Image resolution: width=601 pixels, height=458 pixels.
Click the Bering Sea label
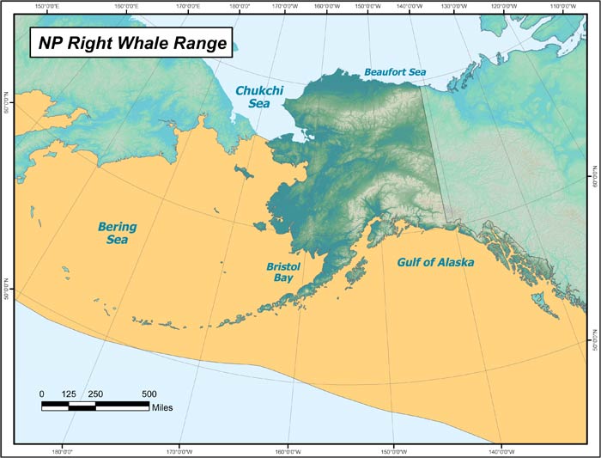[117, 233]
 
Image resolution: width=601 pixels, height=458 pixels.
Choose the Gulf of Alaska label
[434, 261]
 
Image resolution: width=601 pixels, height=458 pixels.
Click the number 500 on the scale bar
[149, 394]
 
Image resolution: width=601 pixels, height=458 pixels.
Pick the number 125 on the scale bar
[69, 394]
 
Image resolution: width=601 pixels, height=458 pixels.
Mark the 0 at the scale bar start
[42, 394]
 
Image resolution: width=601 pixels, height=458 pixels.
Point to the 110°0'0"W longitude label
[562, 7]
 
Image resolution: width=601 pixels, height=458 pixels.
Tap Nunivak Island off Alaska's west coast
[260, 227]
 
